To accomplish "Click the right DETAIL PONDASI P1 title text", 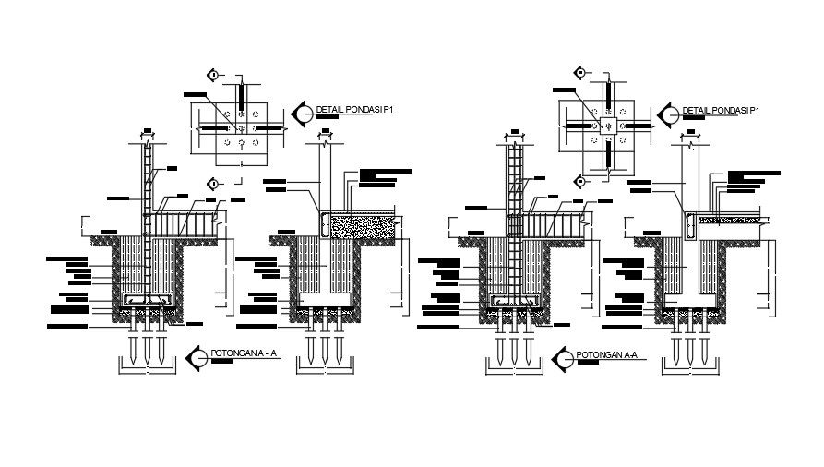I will [x=721, y=111].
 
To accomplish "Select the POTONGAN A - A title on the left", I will [x=245, y=353].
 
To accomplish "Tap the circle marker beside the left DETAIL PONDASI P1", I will [x=302, y=114].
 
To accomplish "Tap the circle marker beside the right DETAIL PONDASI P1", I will [x=669, y=114].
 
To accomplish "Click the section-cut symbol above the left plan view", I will [x=213, y=75].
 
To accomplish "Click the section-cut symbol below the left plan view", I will [x=213, y=183].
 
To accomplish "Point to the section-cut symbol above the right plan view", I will [x=579, y=72].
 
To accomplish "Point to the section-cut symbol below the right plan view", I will [x=579, y=181].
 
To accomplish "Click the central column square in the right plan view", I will [x=609, y=125].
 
